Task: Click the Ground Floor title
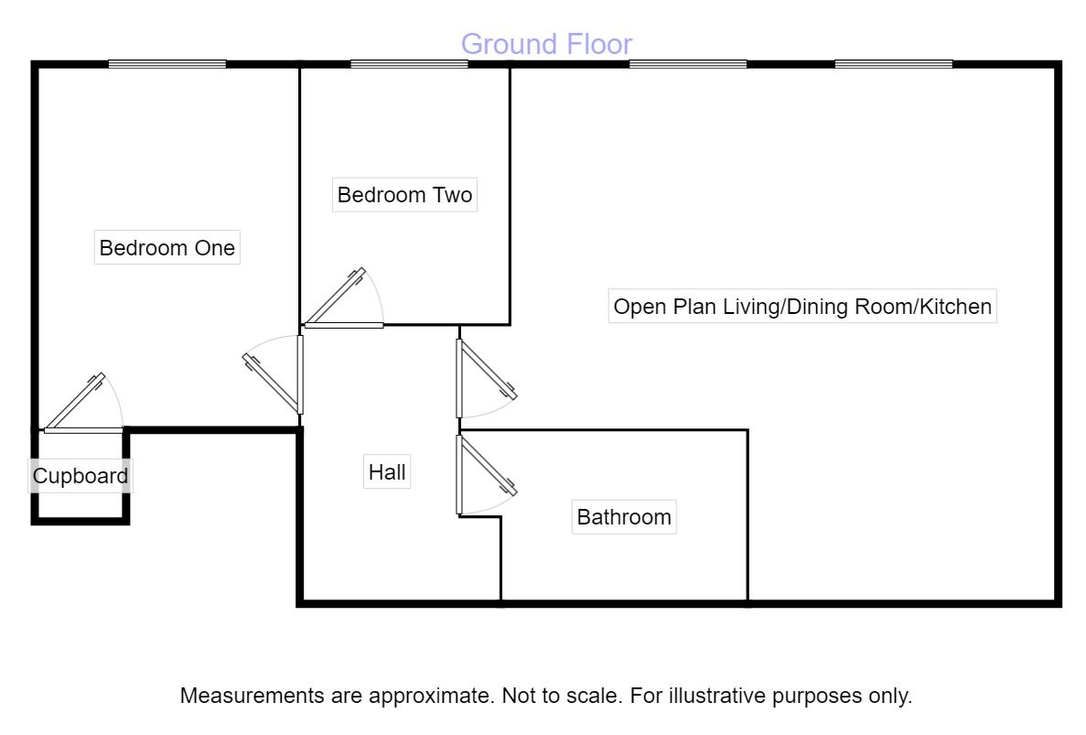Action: (546, 44)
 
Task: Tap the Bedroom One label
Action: (167, 248)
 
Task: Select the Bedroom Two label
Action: (404, 195)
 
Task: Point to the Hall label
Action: (387, 471)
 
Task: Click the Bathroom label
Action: (624, 517)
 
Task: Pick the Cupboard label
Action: (81, 476)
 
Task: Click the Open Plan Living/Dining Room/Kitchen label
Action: (802, 307)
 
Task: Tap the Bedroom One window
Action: (167, 64)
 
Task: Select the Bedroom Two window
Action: (409, 64)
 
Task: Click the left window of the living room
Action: (688, 64)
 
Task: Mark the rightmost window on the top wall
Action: (894, 64)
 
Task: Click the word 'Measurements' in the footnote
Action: (253, 695)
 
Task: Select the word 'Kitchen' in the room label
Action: (956, 307)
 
